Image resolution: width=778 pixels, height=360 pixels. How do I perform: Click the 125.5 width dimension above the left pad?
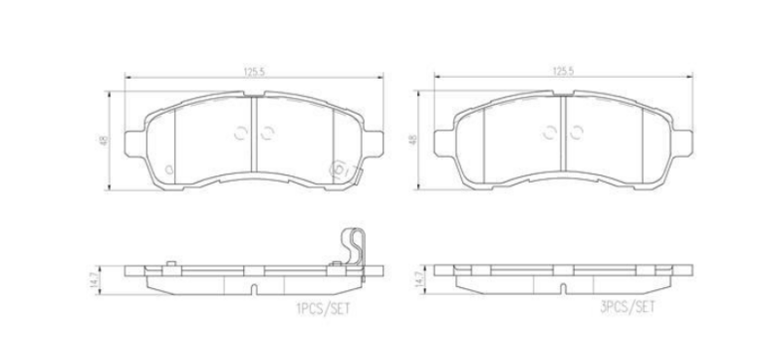click(x=254, y=71)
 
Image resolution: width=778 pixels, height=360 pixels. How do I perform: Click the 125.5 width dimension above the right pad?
click(x=563, y=71)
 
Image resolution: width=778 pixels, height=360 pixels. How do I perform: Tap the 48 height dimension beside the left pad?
click(x=103, y=140)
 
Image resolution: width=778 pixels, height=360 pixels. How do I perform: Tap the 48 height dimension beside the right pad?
click(x=412, y=140)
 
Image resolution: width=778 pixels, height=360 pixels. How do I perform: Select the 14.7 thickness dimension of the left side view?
click(x=92, y=280)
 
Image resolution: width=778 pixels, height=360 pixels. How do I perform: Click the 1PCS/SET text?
click(x=323, y=308)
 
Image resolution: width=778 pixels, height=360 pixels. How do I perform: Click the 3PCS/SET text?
click(x=627, y=306)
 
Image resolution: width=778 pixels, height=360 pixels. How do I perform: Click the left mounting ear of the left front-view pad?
click(x=134, y=144)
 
